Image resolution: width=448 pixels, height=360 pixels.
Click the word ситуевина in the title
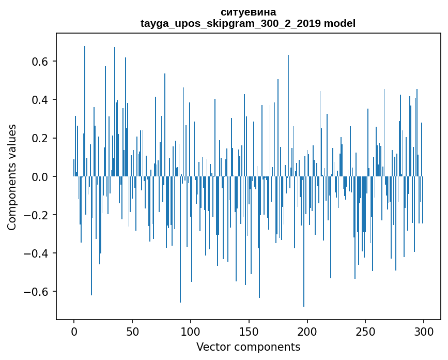248,12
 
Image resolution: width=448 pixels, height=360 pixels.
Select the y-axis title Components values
12,177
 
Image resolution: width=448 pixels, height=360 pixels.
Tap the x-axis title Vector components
248,347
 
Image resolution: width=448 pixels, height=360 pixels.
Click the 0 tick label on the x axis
74,331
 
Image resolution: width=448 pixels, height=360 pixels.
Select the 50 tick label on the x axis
132,331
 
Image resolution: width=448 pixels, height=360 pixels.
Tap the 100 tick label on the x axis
191,331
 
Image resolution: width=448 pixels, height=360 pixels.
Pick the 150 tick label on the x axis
249,331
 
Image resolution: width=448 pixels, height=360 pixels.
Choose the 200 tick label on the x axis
307,331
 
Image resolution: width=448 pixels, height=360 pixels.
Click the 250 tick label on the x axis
366,331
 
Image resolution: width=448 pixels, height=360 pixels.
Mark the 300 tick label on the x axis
424,331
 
